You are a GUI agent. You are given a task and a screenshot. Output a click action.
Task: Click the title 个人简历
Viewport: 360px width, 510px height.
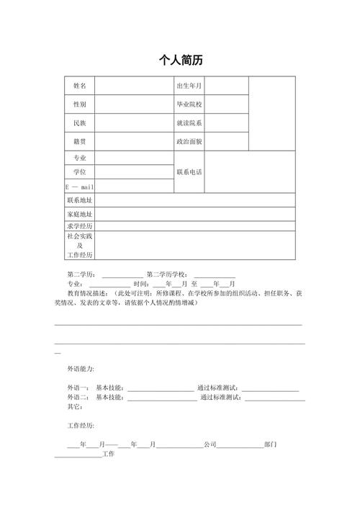(x=180, y=61)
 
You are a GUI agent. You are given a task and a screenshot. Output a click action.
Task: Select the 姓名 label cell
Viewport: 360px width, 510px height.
(x=79, y=86)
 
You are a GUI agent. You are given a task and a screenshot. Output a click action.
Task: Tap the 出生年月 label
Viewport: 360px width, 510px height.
(x=189, y=86)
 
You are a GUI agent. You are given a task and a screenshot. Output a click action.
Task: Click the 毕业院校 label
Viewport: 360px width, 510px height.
(x=189, y=104)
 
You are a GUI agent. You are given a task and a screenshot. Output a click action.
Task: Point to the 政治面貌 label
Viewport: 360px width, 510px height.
(x=189, y=142)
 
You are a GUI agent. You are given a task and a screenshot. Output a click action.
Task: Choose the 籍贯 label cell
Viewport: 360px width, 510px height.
(x=79, y=142)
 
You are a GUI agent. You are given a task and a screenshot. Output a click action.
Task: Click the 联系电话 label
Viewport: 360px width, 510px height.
(x=189, y=172)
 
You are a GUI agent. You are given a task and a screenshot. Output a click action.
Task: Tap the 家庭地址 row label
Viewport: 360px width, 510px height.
(x=79, y=215)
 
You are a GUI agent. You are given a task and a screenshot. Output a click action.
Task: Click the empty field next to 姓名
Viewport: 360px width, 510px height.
(x=134, y=86)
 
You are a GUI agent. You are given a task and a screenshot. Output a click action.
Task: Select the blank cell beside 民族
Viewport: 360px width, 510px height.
(x=134, y=123)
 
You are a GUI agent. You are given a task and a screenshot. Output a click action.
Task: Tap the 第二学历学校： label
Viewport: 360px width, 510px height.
(x=168, y=274)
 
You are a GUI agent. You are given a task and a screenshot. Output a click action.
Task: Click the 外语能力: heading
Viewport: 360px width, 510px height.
(x=81, y=369)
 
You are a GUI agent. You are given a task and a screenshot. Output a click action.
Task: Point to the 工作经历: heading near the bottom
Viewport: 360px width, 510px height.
(x=81, y=426)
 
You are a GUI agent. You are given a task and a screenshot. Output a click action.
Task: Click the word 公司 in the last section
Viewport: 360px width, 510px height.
(x=210, y=444)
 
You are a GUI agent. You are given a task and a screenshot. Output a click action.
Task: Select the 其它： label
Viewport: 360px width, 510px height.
(x=75, y=407)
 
